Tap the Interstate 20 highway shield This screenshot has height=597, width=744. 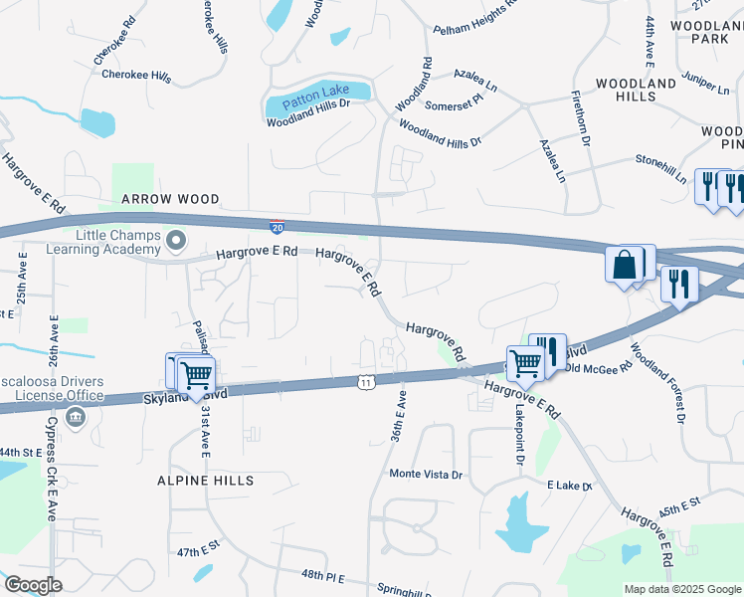click(x=277, y=227)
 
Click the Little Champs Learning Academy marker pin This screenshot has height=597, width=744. click(x=176, y=239)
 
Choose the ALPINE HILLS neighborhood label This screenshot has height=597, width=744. click(x=205, y=481)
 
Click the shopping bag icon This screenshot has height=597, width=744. click(x=625, y=265)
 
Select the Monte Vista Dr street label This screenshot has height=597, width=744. click(x=427, y=475)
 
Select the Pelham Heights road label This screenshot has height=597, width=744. click(x=476, y=18)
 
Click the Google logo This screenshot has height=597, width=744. click(x=32, y=584)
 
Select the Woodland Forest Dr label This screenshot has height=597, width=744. click(x=656, y=383)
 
